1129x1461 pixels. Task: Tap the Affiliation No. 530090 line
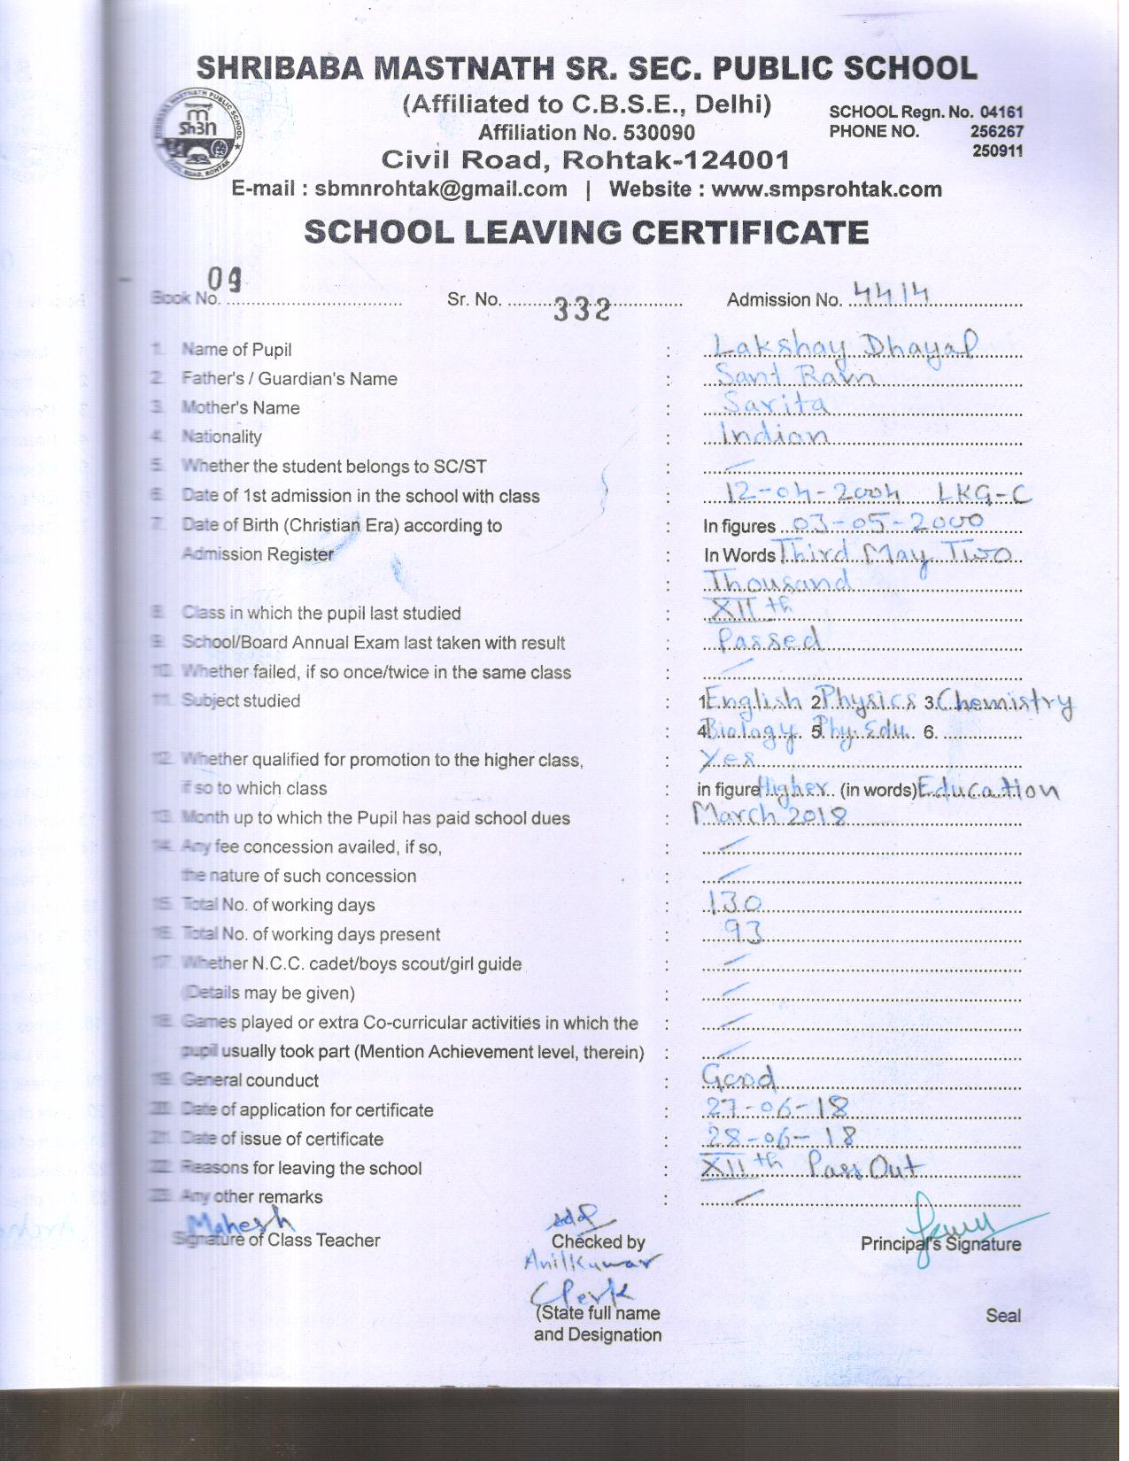pyautogui.click(x=586, y=133)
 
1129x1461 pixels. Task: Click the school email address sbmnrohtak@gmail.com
pyautogui.click(x=441, y=189)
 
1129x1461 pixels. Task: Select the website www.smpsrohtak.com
pyautogui.click(x=826, y=189)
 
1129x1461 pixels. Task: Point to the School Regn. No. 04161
pyautogui.click(x=925, y=112)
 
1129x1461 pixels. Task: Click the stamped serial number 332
pyautogui.click(x=582, y=310)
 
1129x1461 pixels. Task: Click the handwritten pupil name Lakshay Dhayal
pyautogui.click(x=846, y=345)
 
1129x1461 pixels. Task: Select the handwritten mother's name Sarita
pyautogui.click(x=776, y=404)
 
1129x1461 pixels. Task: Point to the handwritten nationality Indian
pyautogui.click(x=775, y=434)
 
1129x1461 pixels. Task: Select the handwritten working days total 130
pyautogui.click(x=734, y=902)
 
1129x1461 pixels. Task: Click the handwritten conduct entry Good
pyautogui.click(x=738, y=1077)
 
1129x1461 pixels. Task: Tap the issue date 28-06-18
pyautogui.click(x=780, y=1135)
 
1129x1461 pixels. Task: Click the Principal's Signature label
pyautogui.click(x=940, y=1244)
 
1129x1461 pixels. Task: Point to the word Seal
pyautogui.click(x=1002, y=1316)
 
